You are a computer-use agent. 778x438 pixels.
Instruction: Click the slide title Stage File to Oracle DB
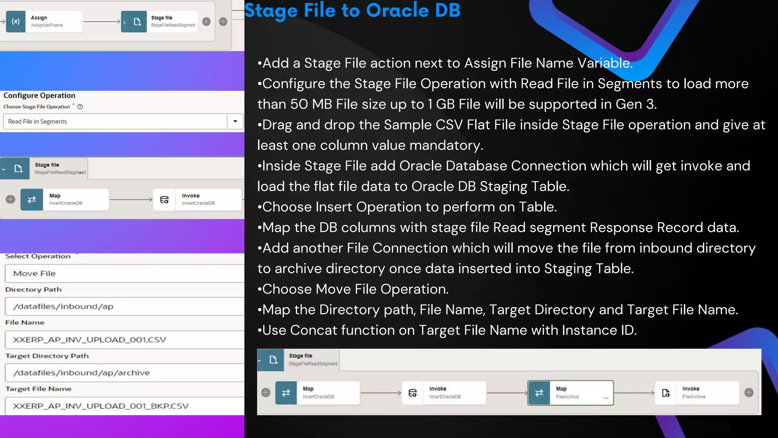point(352,11)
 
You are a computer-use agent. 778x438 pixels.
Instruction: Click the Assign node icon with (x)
point(16,22)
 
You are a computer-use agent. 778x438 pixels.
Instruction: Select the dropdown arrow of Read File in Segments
point(235,121)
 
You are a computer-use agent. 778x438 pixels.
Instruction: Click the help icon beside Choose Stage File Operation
point(80,107)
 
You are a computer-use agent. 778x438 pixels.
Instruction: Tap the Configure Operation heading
point(40,95)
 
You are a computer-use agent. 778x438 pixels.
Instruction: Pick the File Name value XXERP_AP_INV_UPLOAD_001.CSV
point(90,340)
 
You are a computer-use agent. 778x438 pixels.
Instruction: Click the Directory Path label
point(33,289)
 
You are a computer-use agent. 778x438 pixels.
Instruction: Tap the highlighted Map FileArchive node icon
point(539,393)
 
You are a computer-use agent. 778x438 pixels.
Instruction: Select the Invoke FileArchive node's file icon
point(666,393)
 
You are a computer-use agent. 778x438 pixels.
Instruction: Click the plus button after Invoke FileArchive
point(749,393)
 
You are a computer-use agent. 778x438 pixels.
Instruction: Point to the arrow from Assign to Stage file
point(101,22)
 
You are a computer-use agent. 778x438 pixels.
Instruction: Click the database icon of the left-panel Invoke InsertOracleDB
point(164,200)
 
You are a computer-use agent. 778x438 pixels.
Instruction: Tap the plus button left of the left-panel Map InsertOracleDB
point(11,199)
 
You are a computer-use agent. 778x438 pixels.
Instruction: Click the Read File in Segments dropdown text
point(38,122)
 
